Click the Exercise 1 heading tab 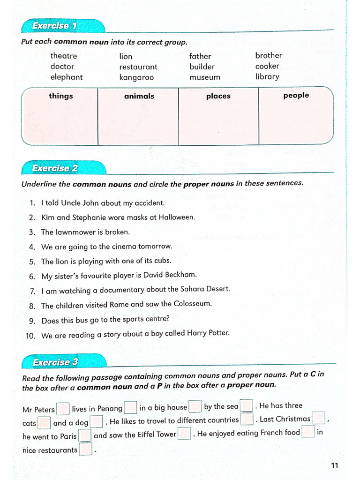(54, 26)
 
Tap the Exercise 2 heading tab (55, 168)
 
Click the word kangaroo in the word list (136, 78)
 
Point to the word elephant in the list (66, 77)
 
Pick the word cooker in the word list (267, 67)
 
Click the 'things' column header (61, 96)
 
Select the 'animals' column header (139, 96)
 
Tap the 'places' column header (218, 96)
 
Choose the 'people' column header (296, 96)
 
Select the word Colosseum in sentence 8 (193, 304)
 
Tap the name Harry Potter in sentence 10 (208, 334)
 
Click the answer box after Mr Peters (63, 409)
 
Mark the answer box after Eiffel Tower (185, 434)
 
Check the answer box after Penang (131, 408)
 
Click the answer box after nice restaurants (85, 450)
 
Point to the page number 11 (334, 465)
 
